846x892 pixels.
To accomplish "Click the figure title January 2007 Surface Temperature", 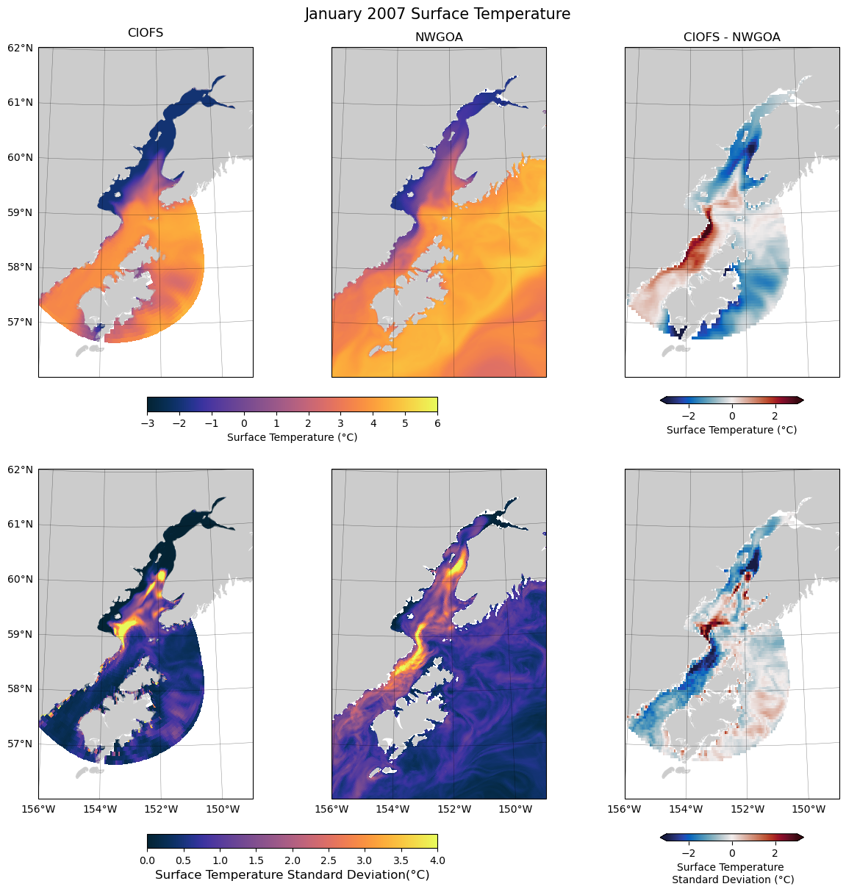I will [437, 14].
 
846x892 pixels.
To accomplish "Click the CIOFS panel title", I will [146, 33].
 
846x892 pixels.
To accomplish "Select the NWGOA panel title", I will [439, 37].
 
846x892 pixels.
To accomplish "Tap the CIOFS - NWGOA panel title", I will [731, 37].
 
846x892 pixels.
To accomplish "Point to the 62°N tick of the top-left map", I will [21, 48].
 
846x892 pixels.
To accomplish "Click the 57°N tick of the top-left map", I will [21, 322].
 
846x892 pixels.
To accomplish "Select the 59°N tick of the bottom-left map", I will [21, 634].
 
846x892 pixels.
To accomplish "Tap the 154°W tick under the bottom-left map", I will [100, 810].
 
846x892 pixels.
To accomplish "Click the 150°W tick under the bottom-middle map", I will [515, 810].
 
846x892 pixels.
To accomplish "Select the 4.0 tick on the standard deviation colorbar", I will [437, 860].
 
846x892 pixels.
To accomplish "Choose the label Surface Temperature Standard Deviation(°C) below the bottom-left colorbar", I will [293, 875].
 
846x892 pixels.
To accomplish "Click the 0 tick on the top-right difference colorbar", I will [732, 416].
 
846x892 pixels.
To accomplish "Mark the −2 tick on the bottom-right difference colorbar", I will [689, 853].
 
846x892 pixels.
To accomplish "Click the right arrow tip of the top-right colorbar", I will [802, 400].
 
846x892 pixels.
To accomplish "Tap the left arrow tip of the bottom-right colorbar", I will [662, 837].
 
